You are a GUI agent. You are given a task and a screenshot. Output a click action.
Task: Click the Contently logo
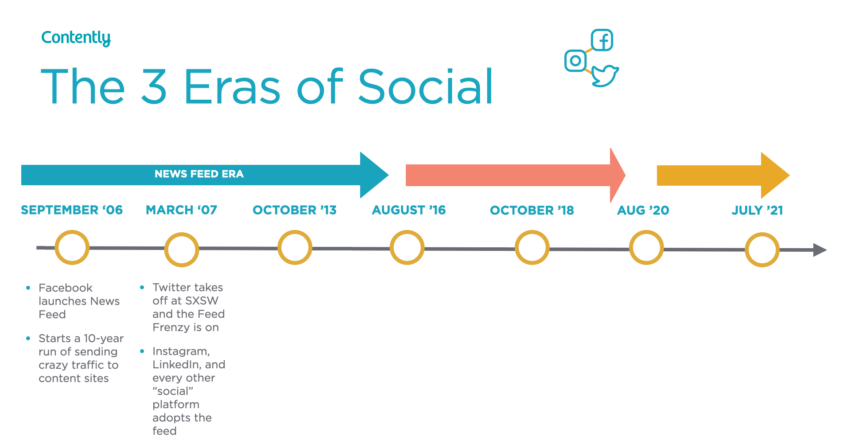click(x=76, y=38)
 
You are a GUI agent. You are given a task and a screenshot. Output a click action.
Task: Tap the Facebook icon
click(x=602, y=40)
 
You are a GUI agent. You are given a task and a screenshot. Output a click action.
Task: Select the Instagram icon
click(x=575, y=61)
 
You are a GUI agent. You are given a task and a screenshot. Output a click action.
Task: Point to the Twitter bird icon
click(x=605, y=76)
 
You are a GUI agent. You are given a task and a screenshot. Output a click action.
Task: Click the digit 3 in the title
click(x=154, y=87)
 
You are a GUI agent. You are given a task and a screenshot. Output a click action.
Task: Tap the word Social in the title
click(x=425, y=86)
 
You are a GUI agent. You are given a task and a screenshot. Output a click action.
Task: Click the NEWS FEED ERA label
click(x=199, y=174)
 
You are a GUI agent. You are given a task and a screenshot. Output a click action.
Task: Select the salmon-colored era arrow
click(x=515, y=176)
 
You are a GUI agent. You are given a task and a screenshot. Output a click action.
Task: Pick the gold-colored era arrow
click(x=723, y=176)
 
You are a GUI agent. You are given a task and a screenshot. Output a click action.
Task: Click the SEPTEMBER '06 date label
click(x=72, y=210)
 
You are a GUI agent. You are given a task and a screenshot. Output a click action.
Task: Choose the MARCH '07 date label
click(x=182, y=210)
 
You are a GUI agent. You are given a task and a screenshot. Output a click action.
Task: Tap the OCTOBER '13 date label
click(x=295, y=210)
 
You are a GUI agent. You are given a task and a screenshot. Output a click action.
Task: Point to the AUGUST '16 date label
click(x=409, y=210)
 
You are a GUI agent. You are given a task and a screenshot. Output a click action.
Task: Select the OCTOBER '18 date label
click(x=532, y=211)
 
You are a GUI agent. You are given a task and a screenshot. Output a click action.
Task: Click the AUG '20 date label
click(x=643, y=211)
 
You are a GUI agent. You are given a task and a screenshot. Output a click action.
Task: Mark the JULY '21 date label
click(x=758, y=211)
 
